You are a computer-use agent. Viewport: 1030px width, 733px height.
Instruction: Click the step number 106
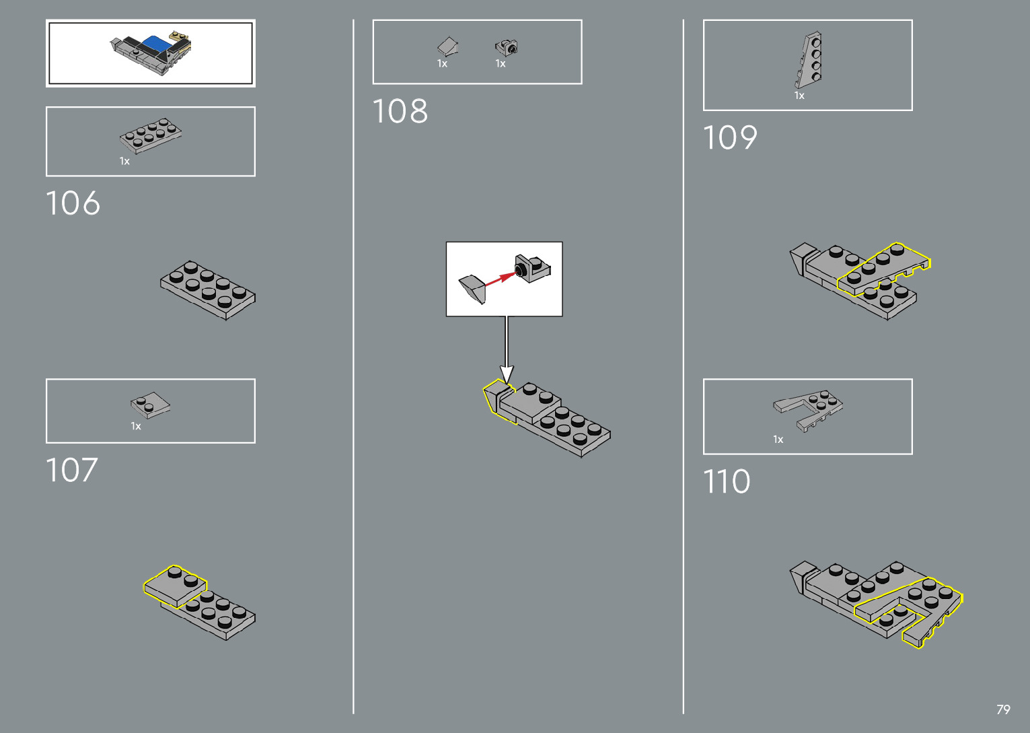[x=73, y=203]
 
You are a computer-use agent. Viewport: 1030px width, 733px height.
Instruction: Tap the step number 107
[x=71, y=470]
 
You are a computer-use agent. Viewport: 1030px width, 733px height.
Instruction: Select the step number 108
[x=400, y=111]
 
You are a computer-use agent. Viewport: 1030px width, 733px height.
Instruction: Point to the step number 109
[x=730, y=138]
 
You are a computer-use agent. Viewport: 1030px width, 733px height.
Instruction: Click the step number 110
[x=726, y=482]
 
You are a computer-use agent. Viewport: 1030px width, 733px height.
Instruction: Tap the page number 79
[x=1003, y=709]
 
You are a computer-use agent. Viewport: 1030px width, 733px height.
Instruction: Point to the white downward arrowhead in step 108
[x=507, y=374]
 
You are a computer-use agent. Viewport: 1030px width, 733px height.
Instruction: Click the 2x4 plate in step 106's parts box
[x=151, y=135]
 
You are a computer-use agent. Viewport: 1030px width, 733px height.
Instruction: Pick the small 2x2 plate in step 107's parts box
[x=150, y=405]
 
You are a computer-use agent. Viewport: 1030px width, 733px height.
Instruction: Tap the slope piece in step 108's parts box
[x=447, y=46]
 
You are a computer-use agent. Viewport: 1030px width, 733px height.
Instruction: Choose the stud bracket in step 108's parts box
[x=506, y=47]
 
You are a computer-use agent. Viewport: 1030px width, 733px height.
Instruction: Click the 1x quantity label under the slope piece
[x=442, y=64]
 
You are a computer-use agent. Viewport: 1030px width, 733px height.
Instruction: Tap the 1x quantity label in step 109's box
[x=799, y=96]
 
